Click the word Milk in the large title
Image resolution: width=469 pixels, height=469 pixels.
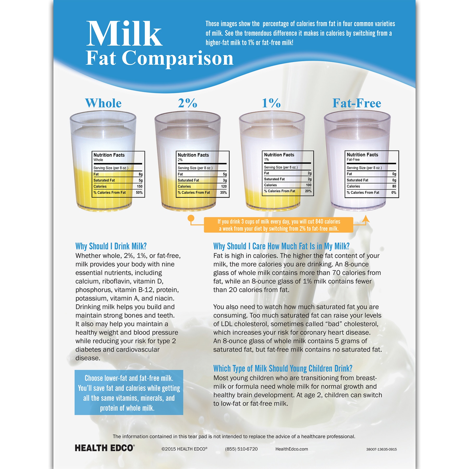[x=124, y=34]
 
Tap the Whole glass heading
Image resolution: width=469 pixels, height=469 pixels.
[x=103, y=103]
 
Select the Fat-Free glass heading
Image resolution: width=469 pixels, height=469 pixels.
[x=357, y=103]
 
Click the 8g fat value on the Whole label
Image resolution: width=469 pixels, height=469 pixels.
[x=140, y=174]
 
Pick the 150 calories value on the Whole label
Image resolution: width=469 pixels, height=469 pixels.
[x=140, y=187]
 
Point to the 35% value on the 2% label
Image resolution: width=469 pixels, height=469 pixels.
[x=223, y=193]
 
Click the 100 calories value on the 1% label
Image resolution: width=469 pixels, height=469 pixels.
[x=308, y=185]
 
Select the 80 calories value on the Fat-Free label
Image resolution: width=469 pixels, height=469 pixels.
[x=394, y=186]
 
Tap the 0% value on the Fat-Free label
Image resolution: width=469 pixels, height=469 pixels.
[x=394, y=193]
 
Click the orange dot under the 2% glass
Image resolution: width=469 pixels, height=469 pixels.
[x=191, y=218]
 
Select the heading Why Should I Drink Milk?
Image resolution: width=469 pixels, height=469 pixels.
[x=111, y=246]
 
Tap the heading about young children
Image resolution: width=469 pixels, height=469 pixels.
[x=283, y=368]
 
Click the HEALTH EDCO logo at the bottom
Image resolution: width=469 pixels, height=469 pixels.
[x=105, y=448]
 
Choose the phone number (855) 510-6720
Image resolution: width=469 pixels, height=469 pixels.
[x=241, y=449]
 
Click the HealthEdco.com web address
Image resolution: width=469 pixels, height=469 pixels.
[x=292, y=449]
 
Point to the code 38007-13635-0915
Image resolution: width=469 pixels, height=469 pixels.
[x=381, y=449]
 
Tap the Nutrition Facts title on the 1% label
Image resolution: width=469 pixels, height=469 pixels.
[x=279, y=155]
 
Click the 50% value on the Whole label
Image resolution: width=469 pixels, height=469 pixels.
[x=139, y=193]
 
